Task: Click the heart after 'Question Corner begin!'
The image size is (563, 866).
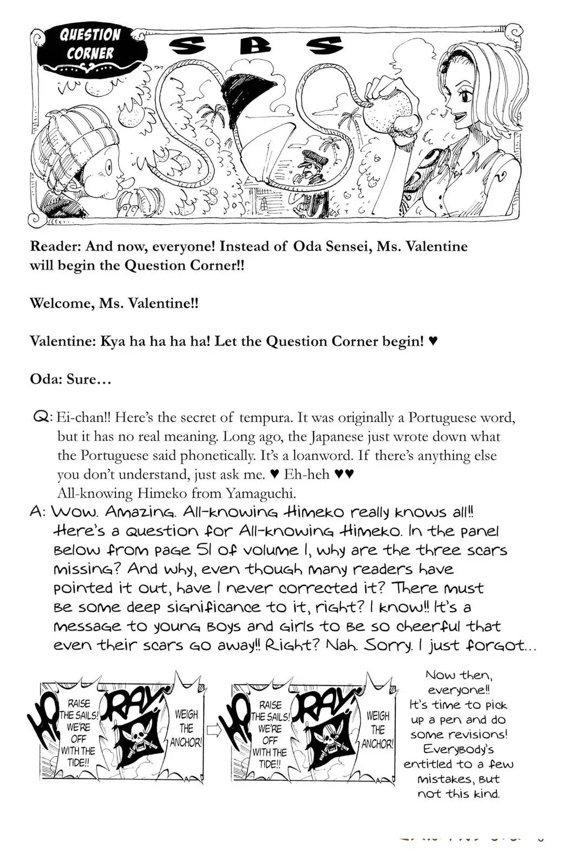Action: coord(433,342)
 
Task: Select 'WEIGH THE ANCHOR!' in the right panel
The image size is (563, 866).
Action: coord(377,730)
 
